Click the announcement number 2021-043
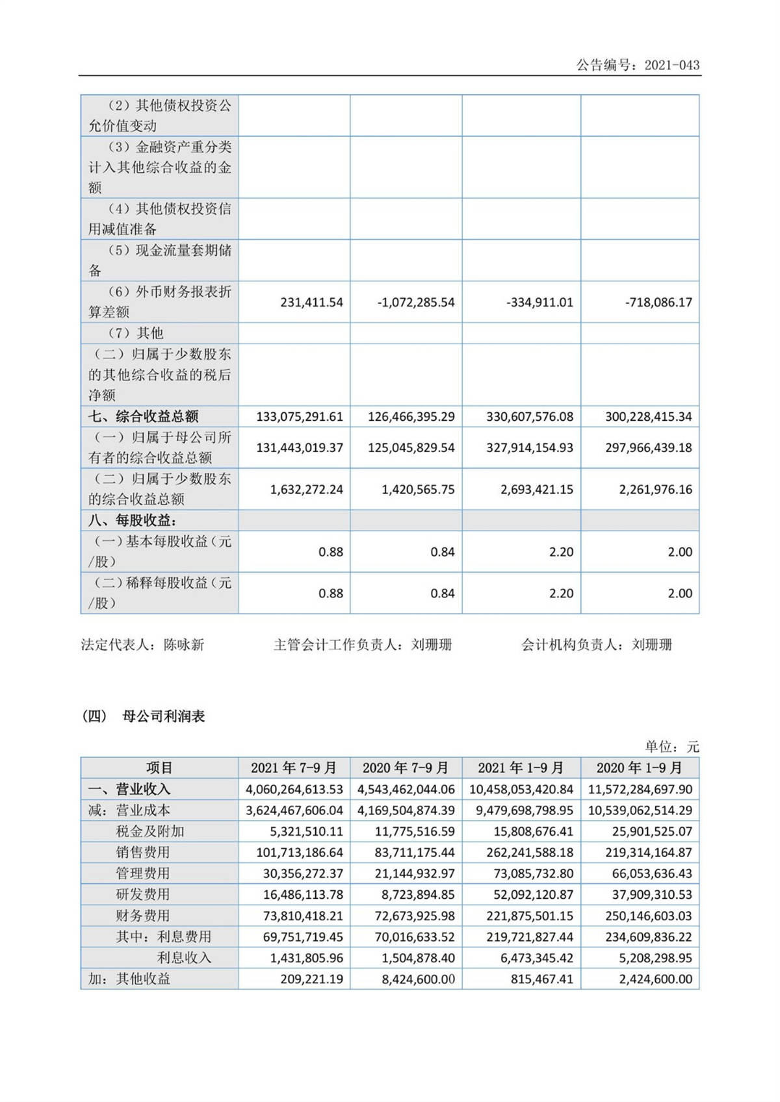tap(671, 65)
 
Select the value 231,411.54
tap(311, 302)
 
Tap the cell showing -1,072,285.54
tap(416, 302)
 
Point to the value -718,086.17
tap(658, 302)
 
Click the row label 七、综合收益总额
tap(143, 416)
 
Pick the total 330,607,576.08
tap(530, 416)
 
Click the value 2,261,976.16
tap(655, 489)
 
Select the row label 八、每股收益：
tap(133, 520)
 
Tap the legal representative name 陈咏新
tap(184, 645)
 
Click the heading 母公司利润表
tap(163, 716)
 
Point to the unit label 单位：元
tap(672, 747)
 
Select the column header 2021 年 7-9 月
tap(294, 768)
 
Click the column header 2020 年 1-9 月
tap(640, 768)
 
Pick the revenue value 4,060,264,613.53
tap(294, 789)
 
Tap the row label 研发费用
tap(143, 894)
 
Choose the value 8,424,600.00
tap(419, 979)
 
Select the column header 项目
tap(159, 768)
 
